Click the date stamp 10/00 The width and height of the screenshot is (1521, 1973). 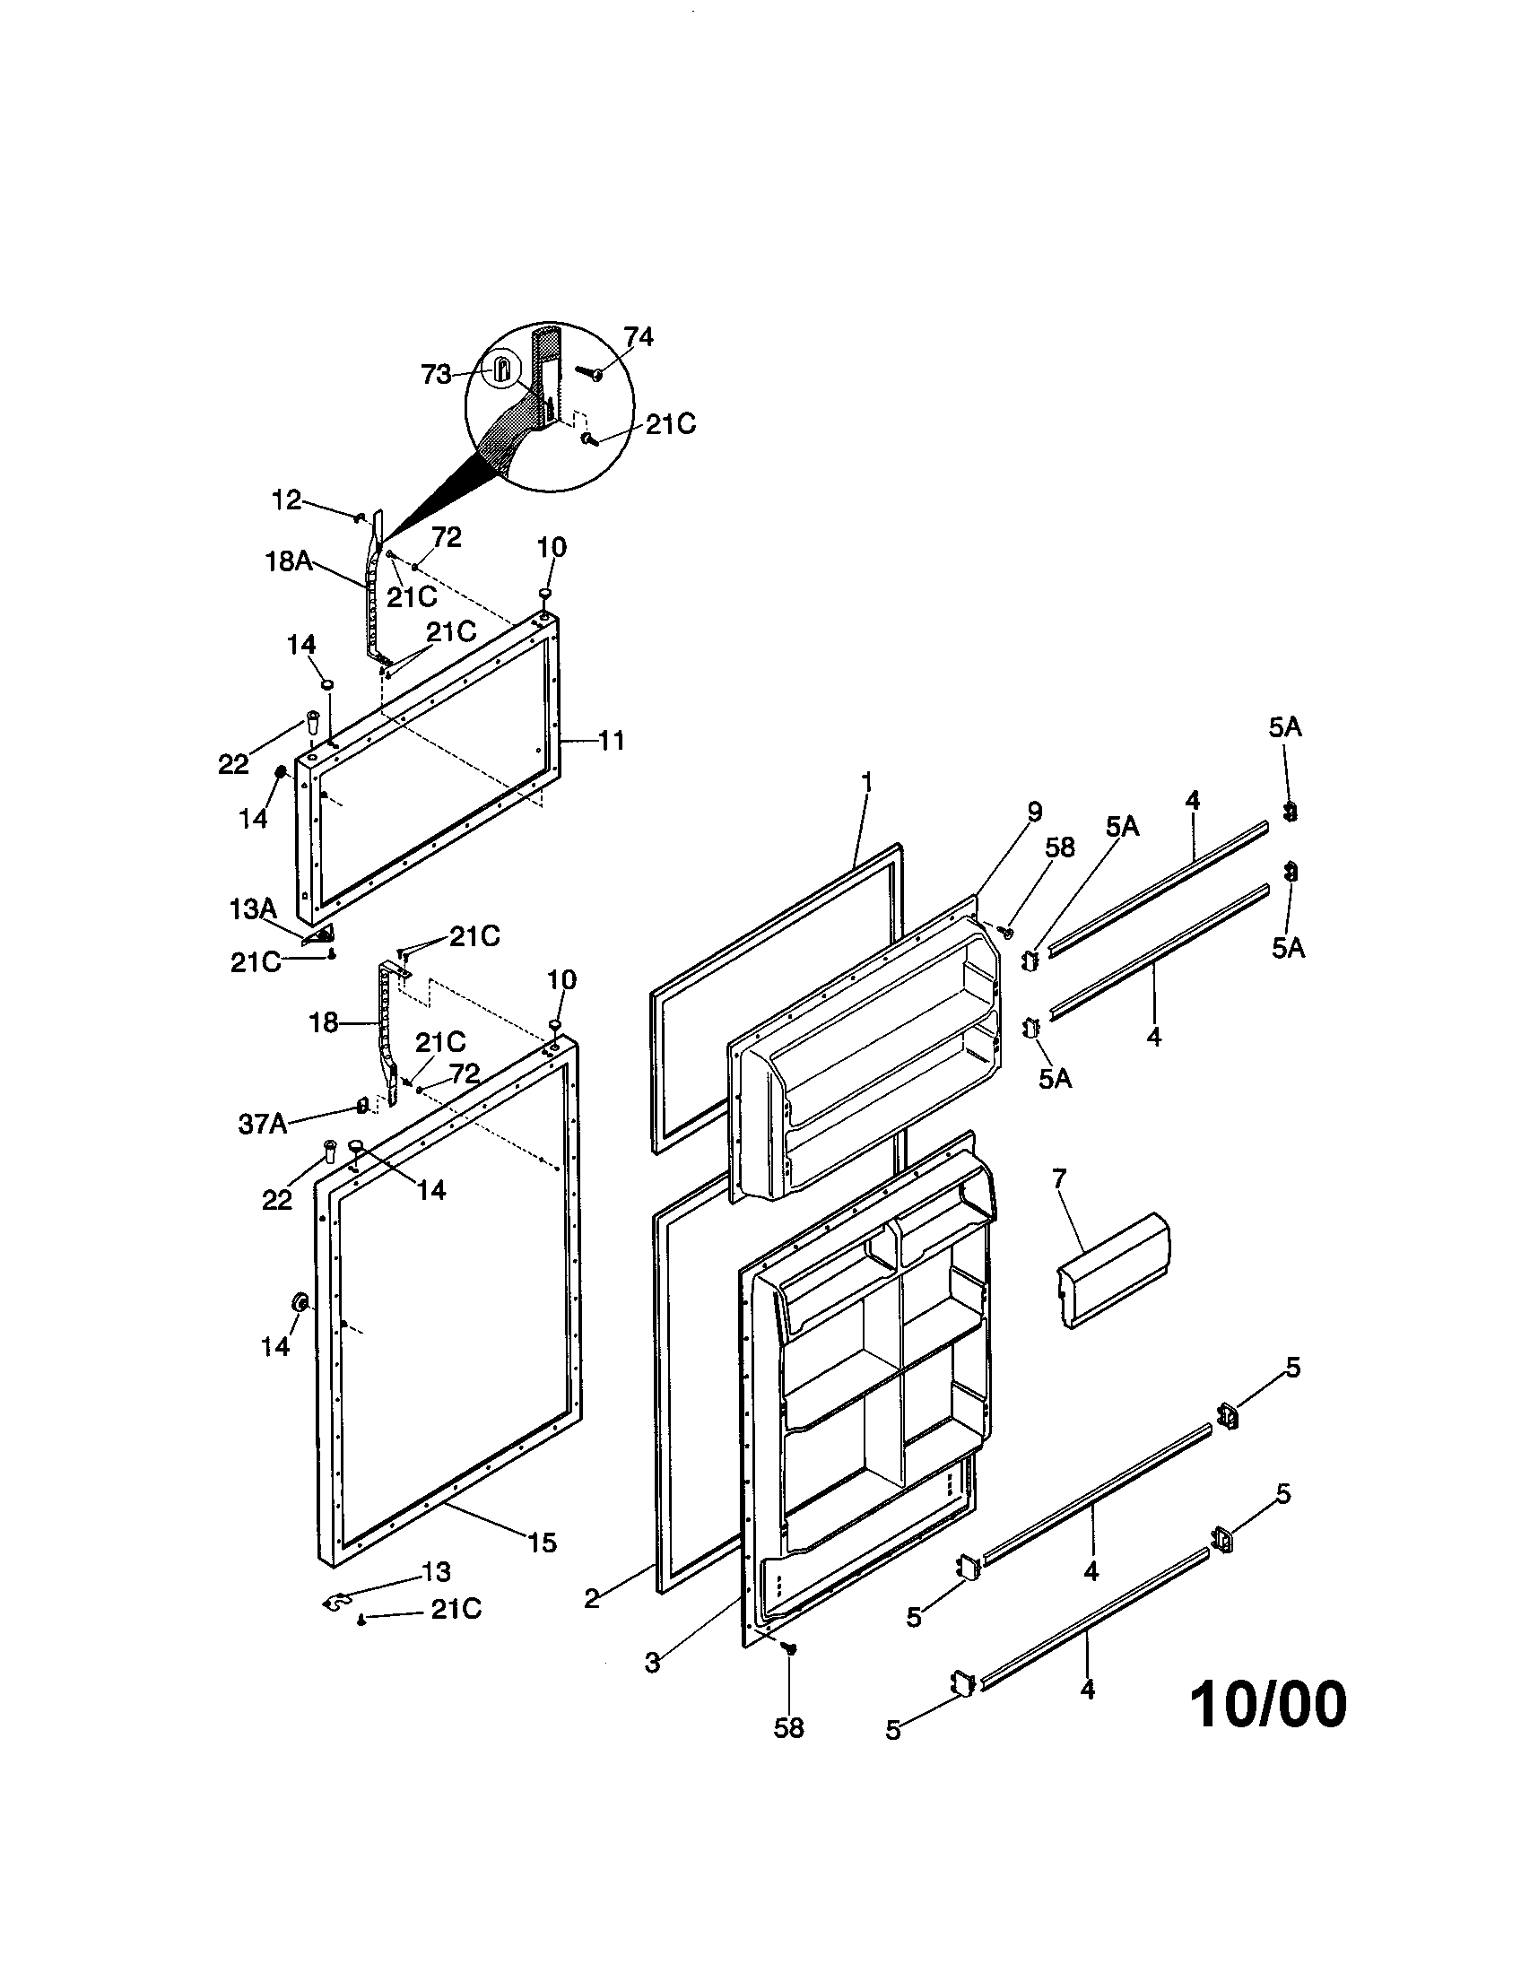(1268, 1706)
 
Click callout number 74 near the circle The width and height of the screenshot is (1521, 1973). (638, 337)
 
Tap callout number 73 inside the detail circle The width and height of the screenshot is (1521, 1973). (436, 375)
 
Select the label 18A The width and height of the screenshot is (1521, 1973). (289, 562)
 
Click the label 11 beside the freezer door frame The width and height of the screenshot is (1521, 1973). (612, 741)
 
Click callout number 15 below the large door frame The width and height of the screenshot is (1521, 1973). (542, 1543)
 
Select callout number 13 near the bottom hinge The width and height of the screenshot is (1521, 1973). (436, 1572)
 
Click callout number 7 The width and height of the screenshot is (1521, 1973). (1058, 1178)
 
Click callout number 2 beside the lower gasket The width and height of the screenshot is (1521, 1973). (592, 1600)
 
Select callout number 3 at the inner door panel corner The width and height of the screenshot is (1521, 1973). (653, 1662)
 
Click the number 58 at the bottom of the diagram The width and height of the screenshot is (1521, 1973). (788, 1728)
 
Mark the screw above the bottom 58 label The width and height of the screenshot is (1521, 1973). (791, 1648)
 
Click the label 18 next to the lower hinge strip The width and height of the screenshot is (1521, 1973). (324, 1023)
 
